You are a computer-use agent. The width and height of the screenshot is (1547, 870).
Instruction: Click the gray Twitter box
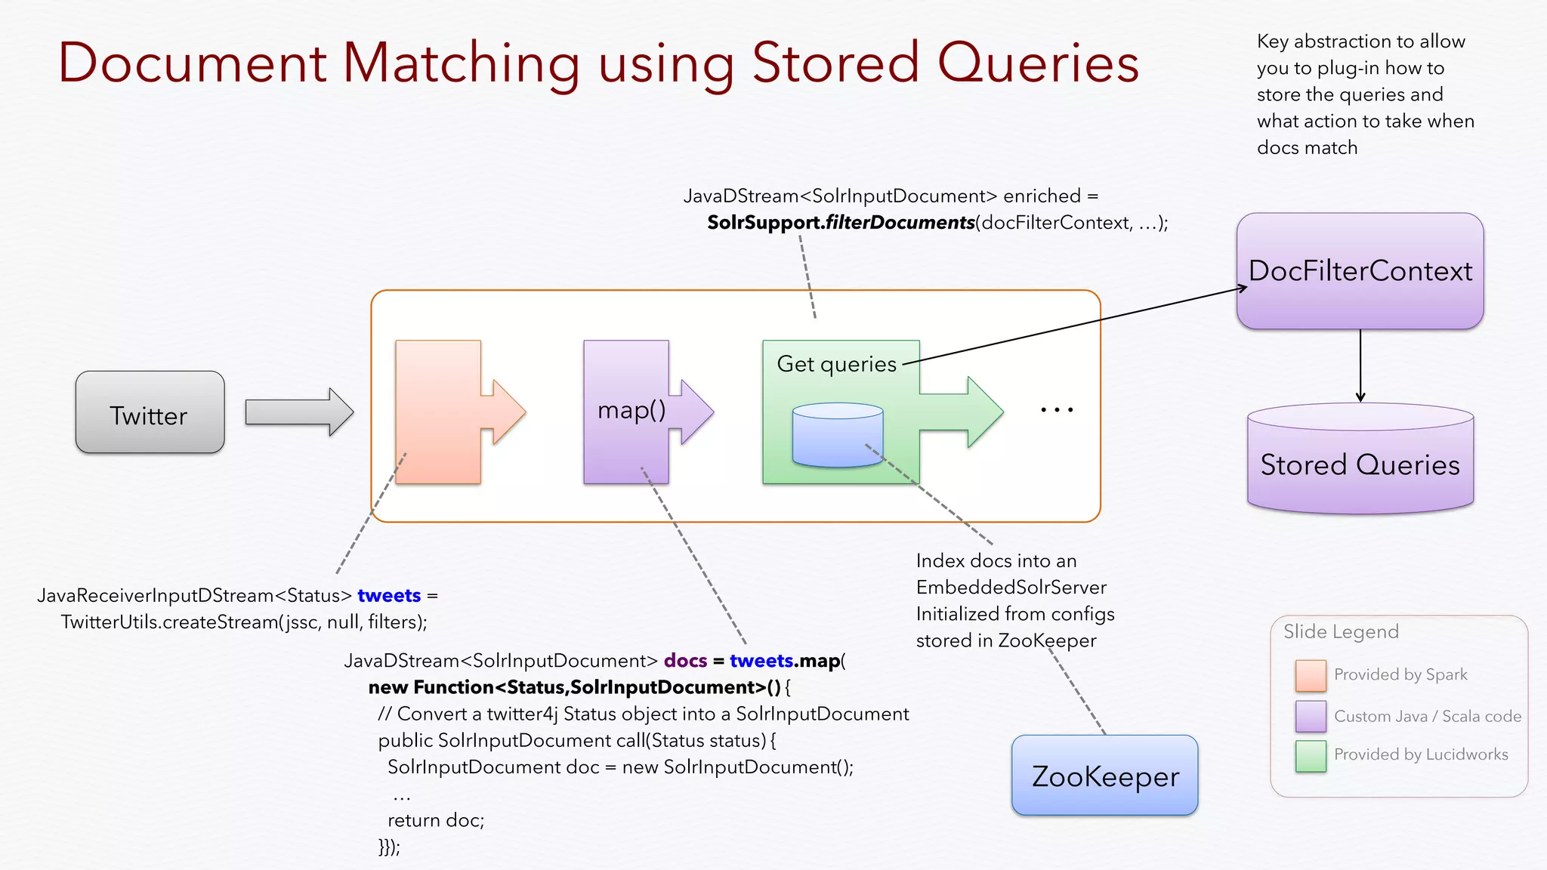tap(150, 412)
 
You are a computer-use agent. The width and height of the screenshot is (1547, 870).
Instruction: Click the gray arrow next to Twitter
tap(299, 412)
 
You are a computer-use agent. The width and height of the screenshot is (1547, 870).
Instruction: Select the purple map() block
tap(626, 412)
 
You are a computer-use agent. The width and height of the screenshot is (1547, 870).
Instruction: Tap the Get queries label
tap(836, 364)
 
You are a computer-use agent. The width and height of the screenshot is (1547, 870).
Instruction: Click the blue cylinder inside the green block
tap(838, 435)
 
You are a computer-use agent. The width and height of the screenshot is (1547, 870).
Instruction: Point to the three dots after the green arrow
tap(1057, 410)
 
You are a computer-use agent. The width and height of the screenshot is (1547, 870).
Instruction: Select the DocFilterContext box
tap(1360, 271)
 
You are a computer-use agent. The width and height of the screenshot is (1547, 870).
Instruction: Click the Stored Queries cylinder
tap(1360, 462)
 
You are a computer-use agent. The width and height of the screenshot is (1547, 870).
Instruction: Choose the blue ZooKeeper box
tap(1104, 776)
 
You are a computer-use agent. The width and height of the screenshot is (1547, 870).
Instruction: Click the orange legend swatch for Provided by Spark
tap(1311, 675)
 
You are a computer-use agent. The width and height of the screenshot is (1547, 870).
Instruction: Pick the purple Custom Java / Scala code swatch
tap(1311, 716)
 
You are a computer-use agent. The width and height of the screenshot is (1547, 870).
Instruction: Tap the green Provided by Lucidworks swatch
tap(1311, 755)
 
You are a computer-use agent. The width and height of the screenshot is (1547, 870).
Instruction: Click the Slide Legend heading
tap(1341, 631)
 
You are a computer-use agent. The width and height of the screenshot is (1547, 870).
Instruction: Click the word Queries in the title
tap(1038, 63)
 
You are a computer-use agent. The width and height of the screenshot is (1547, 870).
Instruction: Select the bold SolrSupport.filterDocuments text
tap(840, 223)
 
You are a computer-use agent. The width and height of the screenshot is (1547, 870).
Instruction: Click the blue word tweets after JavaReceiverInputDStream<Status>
tap(389, 596)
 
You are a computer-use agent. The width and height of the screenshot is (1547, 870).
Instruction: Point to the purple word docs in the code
tap(685, 661)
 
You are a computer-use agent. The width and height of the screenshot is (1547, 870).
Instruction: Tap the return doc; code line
tap(436, 820)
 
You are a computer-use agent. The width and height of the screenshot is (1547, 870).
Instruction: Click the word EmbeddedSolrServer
tap(1011, 588)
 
